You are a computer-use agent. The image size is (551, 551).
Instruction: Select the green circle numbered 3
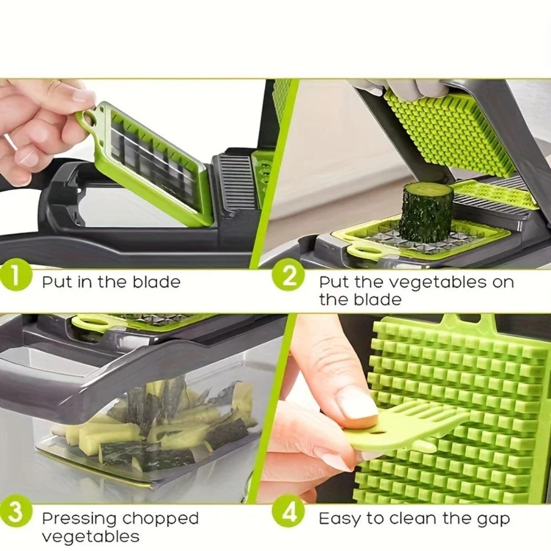click(x=17, y=512)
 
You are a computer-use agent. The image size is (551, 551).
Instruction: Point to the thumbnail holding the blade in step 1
click(x=83, y=96)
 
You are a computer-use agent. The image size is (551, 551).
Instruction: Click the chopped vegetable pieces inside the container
click(x=160, y=424)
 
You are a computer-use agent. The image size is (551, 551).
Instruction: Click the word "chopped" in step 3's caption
click(x=160, y=519)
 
